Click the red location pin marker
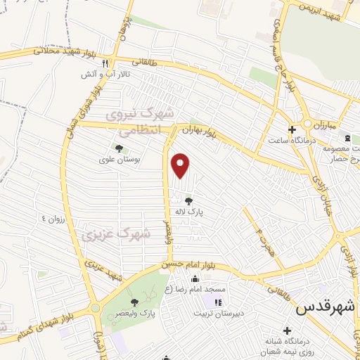(x=181, y=166)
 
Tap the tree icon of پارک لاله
(x=187, y=200)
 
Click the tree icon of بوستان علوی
(x=118, y=148)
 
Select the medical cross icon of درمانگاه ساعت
(x=292, y=129)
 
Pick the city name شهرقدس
(x=326, y=307)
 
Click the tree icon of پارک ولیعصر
(x=134, y=302)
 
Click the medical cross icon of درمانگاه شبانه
(x=286, y=330)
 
